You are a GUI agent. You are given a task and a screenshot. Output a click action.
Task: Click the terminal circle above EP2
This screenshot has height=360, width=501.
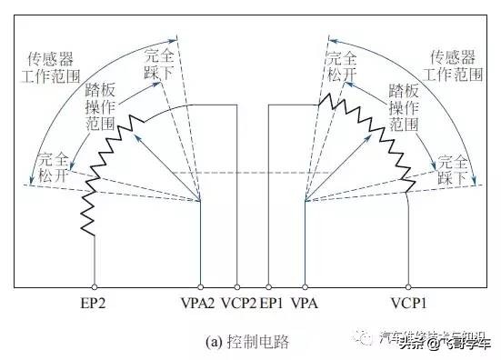[x=94, y=284]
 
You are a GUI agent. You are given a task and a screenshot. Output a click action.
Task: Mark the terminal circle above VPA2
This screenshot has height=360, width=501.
[x=201, y=284]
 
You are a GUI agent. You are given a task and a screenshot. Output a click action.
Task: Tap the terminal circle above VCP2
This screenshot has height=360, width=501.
[x=238, y=284]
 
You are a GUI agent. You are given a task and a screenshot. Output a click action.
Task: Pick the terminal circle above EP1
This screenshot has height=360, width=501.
[x=268, y=284]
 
